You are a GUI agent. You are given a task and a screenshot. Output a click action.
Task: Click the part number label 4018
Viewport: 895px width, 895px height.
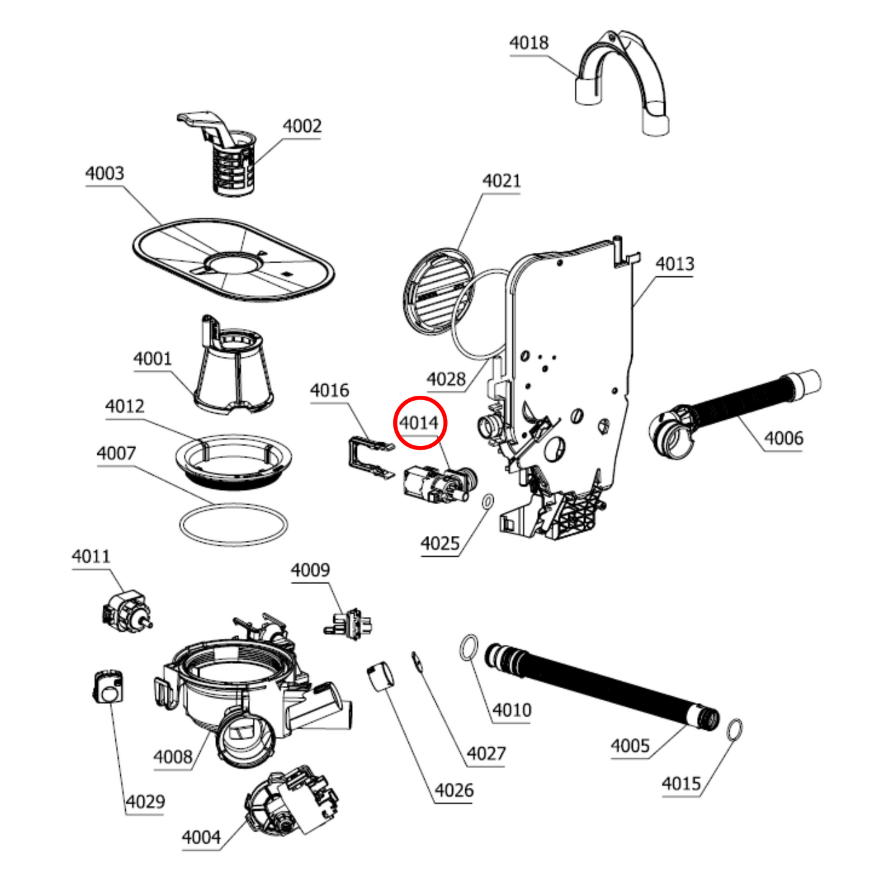(x=528, y=43)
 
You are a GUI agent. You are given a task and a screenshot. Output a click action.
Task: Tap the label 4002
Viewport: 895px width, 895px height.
(x=302, y=126)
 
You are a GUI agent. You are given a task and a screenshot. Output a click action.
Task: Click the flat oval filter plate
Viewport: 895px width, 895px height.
(x=234, y=260)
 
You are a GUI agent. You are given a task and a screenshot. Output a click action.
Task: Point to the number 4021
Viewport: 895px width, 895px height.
(x=501, y=181)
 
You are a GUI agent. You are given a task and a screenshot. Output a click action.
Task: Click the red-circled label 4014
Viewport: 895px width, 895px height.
(x=419, y=423)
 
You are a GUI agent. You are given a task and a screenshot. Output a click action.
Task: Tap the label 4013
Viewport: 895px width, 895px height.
(x=675, y=264)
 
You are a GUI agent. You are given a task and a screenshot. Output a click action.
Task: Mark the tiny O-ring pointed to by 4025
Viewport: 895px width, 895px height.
(x=487, y=500)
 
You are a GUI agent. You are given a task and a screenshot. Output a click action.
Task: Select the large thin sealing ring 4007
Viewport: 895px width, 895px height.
(x=234, y=525)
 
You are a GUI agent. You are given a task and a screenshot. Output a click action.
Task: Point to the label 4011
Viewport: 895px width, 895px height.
(x=91, y=556)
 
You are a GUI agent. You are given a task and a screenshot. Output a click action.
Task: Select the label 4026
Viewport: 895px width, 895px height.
(x=453, y=790)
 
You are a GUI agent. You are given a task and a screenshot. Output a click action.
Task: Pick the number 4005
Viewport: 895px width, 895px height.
(x=630, y=746)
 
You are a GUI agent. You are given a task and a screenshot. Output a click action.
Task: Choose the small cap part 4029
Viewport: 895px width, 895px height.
(x=108, y=688)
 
